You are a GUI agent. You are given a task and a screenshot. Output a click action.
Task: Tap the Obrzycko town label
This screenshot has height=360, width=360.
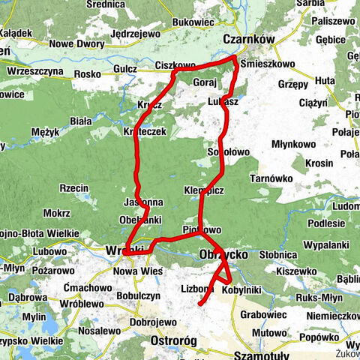click(x=223, y=256)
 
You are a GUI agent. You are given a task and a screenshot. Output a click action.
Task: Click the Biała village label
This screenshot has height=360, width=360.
click(x=80, y=120)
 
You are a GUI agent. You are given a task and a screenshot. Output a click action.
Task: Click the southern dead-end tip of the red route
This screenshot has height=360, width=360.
click(x=201, y=304)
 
